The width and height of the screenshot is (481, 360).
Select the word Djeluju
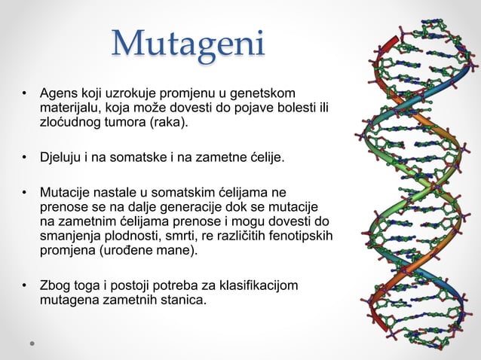pyautogui.click(x=63, y=157)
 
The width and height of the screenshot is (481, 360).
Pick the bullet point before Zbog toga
pyautogui.click(x=25, y=286)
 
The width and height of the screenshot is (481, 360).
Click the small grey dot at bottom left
pyautogui.click(x=32, y=343)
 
